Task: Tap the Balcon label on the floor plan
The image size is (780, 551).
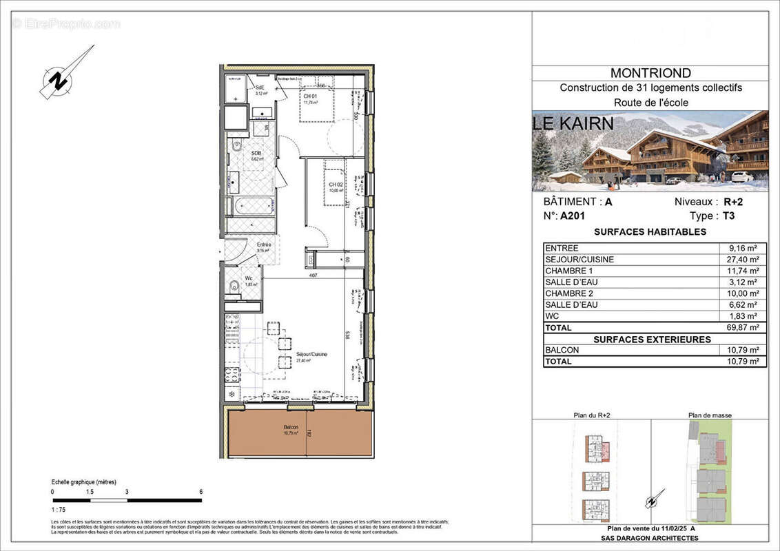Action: click(x=290, y=428)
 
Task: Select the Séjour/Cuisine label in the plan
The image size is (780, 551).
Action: click(x=311, y=354)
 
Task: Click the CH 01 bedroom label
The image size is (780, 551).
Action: click(x=310, y=96)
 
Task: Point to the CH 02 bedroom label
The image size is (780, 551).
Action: click(x=336, y=185)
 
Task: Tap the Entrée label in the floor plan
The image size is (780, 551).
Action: click(x=264, y=245)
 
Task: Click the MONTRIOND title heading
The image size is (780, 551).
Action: click(x=650, y=73)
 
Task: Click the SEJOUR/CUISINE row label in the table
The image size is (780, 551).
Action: click(x=579, y=260)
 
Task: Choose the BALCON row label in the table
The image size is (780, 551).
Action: click(x=562, y=350)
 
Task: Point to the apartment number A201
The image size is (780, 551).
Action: click(x=573, y=216)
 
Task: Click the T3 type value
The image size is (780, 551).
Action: click(x=728, y=216)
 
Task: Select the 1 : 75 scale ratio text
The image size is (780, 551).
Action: click(x=59, y=510)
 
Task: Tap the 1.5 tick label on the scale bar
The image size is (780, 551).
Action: click(x=90, y=492)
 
